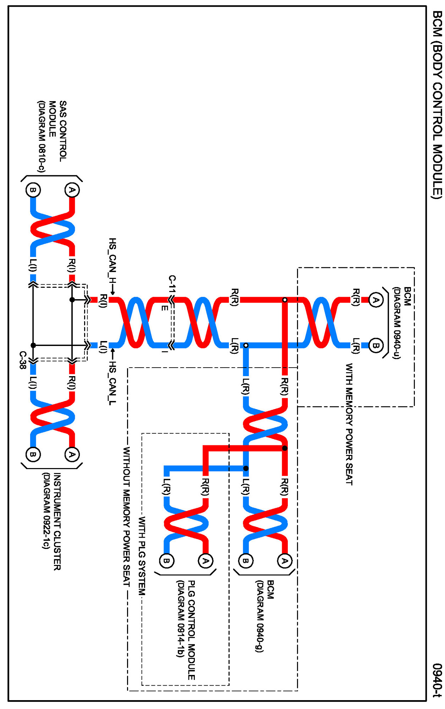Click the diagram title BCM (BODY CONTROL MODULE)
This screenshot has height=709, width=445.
[437, 105]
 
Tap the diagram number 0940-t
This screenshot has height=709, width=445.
[437, 680]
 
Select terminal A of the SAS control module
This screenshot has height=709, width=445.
[72, 190]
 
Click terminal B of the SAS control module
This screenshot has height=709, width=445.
[33, 190]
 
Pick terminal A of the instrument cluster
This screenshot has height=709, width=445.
[72, 454]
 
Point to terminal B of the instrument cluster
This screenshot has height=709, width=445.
[33, 454]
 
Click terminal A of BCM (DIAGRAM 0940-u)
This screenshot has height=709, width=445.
[375, 300]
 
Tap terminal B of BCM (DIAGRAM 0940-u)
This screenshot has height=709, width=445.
[375, 345]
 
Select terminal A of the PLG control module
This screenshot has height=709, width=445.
[205, 561]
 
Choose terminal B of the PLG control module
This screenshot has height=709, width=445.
[166, 561]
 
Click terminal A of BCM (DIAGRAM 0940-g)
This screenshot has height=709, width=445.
[285, 561]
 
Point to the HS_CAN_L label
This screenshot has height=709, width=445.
[112, 383]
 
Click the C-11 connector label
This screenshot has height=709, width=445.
[172, 284]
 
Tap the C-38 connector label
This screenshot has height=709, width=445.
[23, 360]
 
